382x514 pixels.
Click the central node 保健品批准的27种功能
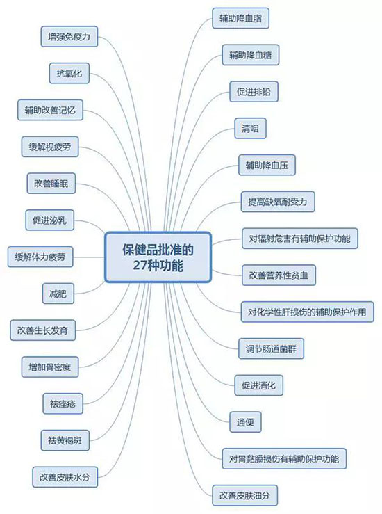[x=158, y=257]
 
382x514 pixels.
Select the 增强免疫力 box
[x=69, y=36]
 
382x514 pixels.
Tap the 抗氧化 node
[x=69, y=73]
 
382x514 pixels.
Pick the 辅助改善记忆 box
[x=50, y=110]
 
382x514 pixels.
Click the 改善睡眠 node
[x=51, y=183]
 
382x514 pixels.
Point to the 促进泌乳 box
[x=50, y=220]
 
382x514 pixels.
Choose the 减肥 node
[x=58, y=294]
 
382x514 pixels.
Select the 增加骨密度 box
[x=50, y=367]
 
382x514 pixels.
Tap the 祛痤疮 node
[x=63, y=403]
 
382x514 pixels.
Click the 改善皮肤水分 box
[x=65, y=477]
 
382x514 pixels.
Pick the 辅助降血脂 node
[x=240, y=18]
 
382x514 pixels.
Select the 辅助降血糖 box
[x=251, y=55]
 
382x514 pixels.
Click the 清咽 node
[x=251, y=128]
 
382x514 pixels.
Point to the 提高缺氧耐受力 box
[x=278, y=202]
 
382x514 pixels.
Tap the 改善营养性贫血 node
[x=279, y=275]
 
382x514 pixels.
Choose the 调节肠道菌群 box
[x=271, y=348]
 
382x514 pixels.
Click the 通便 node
[x=245, y=422]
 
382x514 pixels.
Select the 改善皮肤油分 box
[x=245, y=495]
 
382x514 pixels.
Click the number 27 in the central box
[x=140, y=265]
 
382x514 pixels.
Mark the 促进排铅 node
[x=254, y=91]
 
